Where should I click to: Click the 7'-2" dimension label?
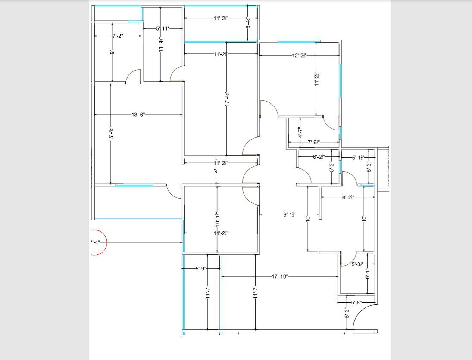point(118,36)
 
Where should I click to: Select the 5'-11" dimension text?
point(163,28)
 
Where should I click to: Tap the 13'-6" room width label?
point(138,115)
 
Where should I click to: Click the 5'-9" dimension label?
point(201,269)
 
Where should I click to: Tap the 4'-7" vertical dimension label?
point(300,133)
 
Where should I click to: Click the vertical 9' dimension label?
point(112,53)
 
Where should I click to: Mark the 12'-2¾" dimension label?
point(299,56)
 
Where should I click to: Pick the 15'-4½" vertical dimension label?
point(111,135)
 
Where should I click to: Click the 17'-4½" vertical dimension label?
point(227,99)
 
